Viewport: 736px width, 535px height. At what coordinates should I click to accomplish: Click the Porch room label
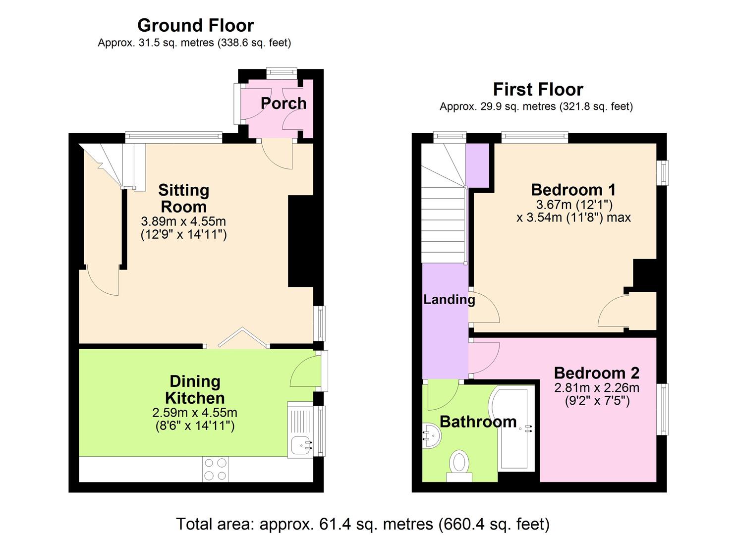coord(283,103)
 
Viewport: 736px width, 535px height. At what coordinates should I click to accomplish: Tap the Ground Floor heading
coord(195,26)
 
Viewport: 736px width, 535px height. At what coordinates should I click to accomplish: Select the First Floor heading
coord(538,89)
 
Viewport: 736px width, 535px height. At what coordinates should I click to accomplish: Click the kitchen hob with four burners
coord(215,469)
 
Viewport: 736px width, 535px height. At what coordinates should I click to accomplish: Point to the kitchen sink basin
coord(301,446)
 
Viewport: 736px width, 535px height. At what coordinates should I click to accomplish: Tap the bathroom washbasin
coord(432,436)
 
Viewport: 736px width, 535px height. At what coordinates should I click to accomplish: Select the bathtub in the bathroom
coord(512,429)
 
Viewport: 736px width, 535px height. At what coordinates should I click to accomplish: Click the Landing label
coord(449,300)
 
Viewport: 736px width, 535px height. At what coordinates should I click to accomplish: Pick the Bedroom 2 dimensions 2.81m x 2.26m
coord(597,387)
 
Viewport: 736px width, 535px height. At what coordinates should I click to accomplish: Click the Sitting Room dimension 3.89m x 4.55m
coord(183,221)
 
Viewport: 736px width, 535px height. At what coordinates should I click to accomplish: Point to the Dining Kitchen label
coord(195,389)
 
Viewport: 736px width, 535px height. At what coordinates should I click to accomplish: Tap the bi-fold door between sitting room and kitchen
coord(243,337)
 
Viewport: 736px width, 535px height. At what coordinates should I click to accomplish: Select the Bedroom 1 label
coord(573,190)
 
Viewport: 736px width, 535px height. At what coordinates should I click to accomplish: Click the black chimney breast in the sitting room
coord(301,241)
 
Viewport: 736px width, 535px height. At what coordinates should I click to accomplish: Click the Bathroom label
coord(478,422)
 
